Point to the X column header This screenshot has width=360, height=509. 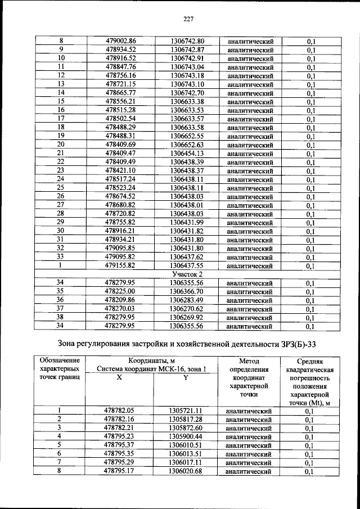point(119,378)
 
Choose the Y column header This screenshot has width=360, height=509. point(186,378)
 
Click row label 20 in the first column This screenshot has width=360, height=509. point(61,145)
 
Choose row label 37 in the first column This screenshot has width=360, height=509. point(61,309)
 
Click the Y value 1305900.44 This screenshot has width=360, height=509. point(186,436)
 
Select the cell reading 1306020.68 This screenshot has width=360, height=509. point(186,471)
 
